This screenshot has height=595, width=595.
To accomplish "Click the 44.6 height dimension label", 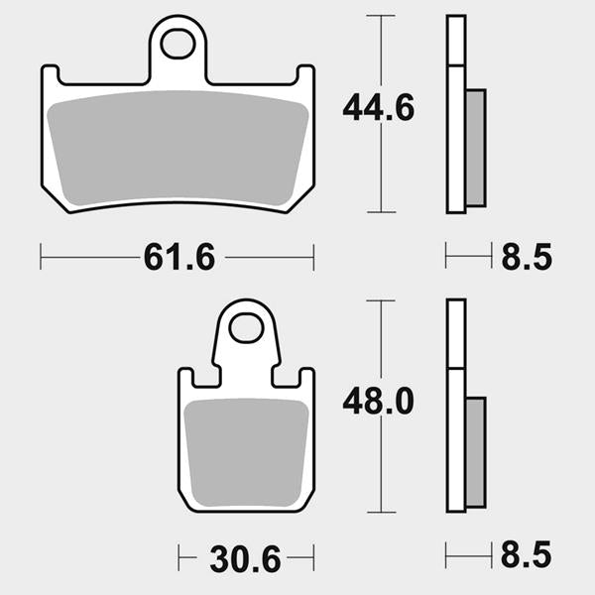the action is coord(379,108).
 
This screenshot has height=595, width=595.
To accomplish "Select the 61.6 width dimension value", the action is coord(179,257).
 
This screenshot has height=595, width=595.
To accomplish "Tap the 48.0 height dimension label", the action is coord(379,401).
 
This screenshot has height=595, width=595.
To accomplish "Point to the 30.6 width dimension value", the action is coord(245,559).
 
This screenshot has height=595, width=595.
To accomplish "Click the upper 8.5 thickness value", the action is coord(527,257).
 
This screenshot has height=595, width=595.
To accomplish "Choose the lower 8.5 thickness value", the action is coord(526,554).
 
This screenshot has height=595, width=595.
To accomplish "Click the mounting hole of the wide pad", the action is coord(178,44).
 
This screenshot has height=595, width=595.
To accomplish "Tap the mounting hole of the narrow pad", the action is coord(246,328).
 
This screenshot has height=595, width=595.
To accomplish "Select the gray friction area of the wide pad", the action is coord(178,148).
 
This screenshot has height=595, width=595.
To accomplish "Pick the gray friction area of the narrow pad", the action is coord(246,452).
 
